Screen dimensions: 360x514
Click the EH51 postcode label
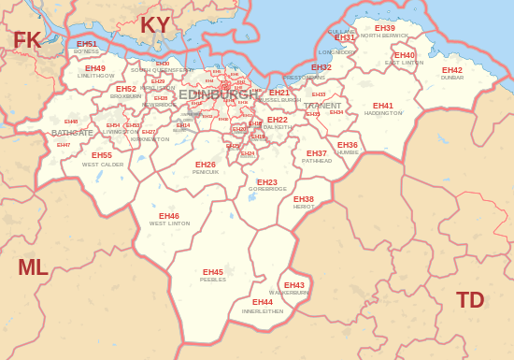[87, 44]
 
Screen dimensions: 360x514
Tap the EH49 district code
[95, 68]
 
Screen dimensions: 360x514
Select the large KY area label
[156, 25]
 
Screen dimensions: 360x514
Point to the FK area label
[27, 40]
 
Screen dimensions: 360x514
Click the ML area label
[33, 267]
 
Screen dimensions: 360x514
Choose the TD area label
[470, 300]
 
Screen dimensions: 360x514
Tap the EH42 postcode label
[452, 70]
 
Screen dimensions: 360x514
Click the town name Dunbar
[452, 78]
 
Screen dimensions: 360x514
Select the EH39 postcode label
[385, 28]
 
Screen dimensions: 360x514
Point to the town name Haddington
[383, 113]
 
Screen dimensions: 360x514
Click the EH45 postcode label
[213, 272]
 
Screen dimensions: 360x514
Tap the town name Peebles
[213, 280]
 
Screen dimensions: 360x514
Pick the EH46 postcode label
[169, 216]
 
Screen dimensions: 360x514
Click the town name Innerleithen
[263, 310]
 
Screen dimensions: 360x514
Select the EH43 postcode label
[294, 285]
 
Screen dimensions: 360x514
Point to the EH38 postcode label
[304, 199]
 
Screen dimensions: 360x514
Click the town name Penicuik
[206, 172]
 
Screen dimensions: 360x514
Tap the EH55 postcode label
[102, 155]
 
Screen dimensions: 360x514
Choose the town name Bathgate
[72, 133]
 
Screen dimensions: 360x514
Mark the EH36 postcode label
[348, 145]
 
